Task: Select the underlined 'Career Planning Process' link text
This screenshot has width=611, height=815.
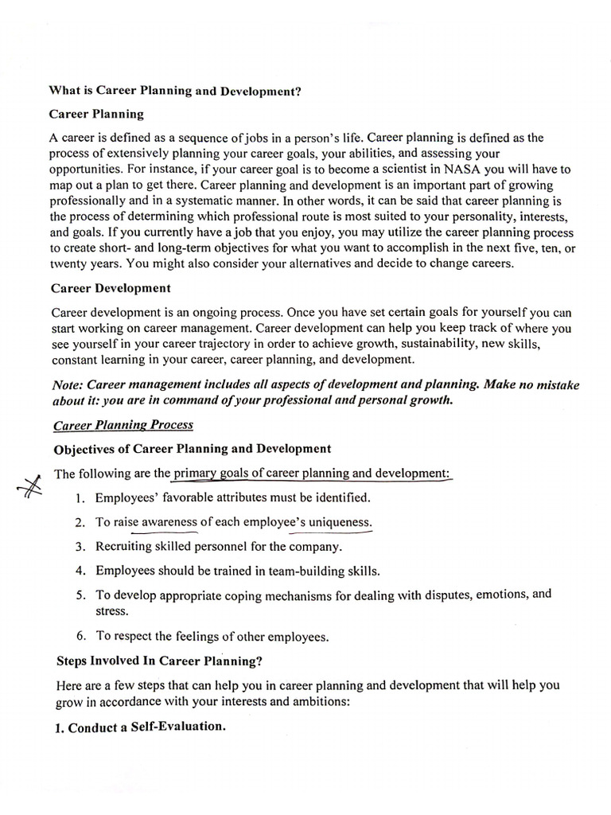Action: (123, 425)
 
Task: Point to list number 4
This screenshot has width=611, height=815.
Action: (80, 571)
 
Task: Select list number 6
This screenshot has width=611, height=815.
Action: (80, 636)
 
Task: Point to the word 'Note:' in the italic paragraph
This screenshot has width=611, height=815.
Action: (67, 384)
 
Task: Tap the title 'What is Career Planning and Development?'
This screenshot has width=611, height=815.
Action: (176, 91)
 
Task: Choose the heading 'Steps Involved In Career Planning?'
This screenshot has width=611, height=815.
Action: (159, 661)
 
